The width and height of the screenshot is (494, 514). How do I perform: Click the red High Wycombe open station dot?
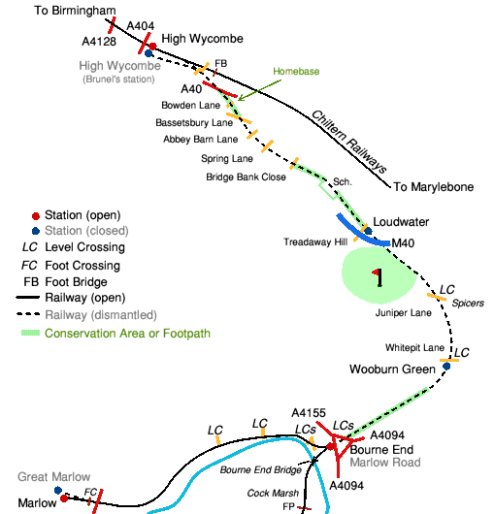[152, 47]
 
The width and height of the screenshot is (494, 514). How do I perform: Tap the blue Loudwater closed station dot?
[369, 231]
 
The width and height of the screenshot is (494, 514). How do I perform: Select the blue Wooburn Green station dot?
[446, 367]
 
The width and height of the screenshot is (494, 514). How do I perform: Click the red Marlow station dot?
[64, 498]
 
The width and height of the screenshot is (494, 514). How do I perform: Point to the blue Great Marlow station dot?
[58, 491]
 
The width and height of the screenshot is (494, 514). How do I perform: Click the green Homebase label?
[296, 72]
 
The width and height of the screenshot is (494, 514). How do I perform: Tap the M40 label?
[403, 243]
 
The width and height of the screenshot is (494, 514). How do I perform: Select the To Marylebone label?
[433, 187]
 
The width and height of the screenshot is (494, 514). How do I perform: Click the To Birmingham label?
[75, 11]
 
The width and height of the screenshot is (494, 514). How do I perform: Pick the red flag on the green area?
[377, 273]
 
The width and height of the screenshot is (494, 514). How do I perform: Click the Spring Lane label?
[227, 159]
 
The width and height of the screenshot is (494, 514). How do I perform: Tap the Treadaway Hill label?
[315, 241]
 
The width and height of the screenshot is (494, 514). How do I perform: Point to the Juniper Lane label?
[403, 313]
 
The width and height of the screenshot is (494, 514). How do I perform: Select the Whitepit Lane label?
[414, 347]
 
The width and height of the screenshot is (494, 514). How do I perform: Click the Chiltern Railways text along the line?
[349, 142]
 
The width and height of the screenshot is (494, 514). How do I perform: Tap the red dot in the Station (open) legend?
[36, 216]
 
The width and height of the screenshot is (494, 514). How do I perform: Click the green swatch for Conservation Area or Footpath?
[30, 333]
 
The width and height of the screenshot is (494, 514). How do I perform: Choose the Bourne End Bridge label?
[260, 470]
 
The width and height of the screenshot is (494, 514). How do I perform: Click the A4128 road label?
[99, 42]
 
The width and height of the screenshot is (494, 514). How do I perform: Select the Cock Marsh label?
[273, 493]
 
